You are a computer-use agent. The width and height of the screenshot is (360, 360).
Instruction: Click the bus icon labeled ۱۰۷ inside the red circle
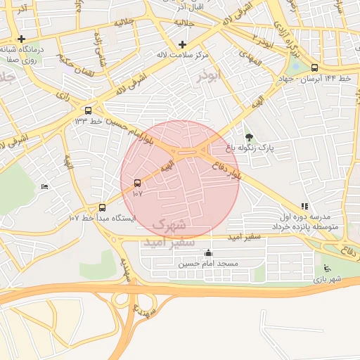click(x=136, y=183)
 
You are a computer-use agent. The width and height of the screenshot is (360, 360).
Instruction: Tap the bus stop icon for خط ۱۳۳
click(x=88, y=110)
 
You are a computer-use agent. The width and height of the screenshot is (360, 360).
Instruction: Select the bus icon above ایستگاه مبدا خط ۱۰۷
click(x=103, y=207)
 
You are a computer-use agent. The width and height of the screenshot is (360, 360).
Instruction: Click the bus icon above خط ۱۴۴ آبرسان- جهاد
click(x=314, y=67)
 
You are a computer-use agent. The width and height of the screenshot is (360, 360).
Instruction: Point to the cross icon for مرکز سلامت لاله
click(x=182, y=44)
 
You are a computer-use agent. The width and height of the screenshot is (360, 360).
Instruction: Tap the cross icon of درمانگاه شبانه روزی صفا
click(x=22, y=39)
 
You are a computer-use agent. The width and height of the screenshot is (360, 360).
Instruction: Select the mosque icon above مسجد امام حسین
click(x=207, y=253)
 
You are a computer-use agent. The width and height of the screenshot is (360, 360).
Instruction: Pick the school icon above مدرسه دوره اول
click(x=304, y=207)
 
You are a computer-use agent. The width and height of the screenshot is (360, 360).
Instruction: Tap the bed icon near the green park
click(x=45, y=187)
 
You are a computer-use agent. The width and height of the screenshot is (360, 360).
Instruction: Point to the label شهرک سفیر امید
click(x=167, y=233)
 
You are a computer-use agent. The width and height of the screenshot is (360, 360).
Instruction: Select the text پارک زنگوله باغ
click(x=247, y=149)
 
